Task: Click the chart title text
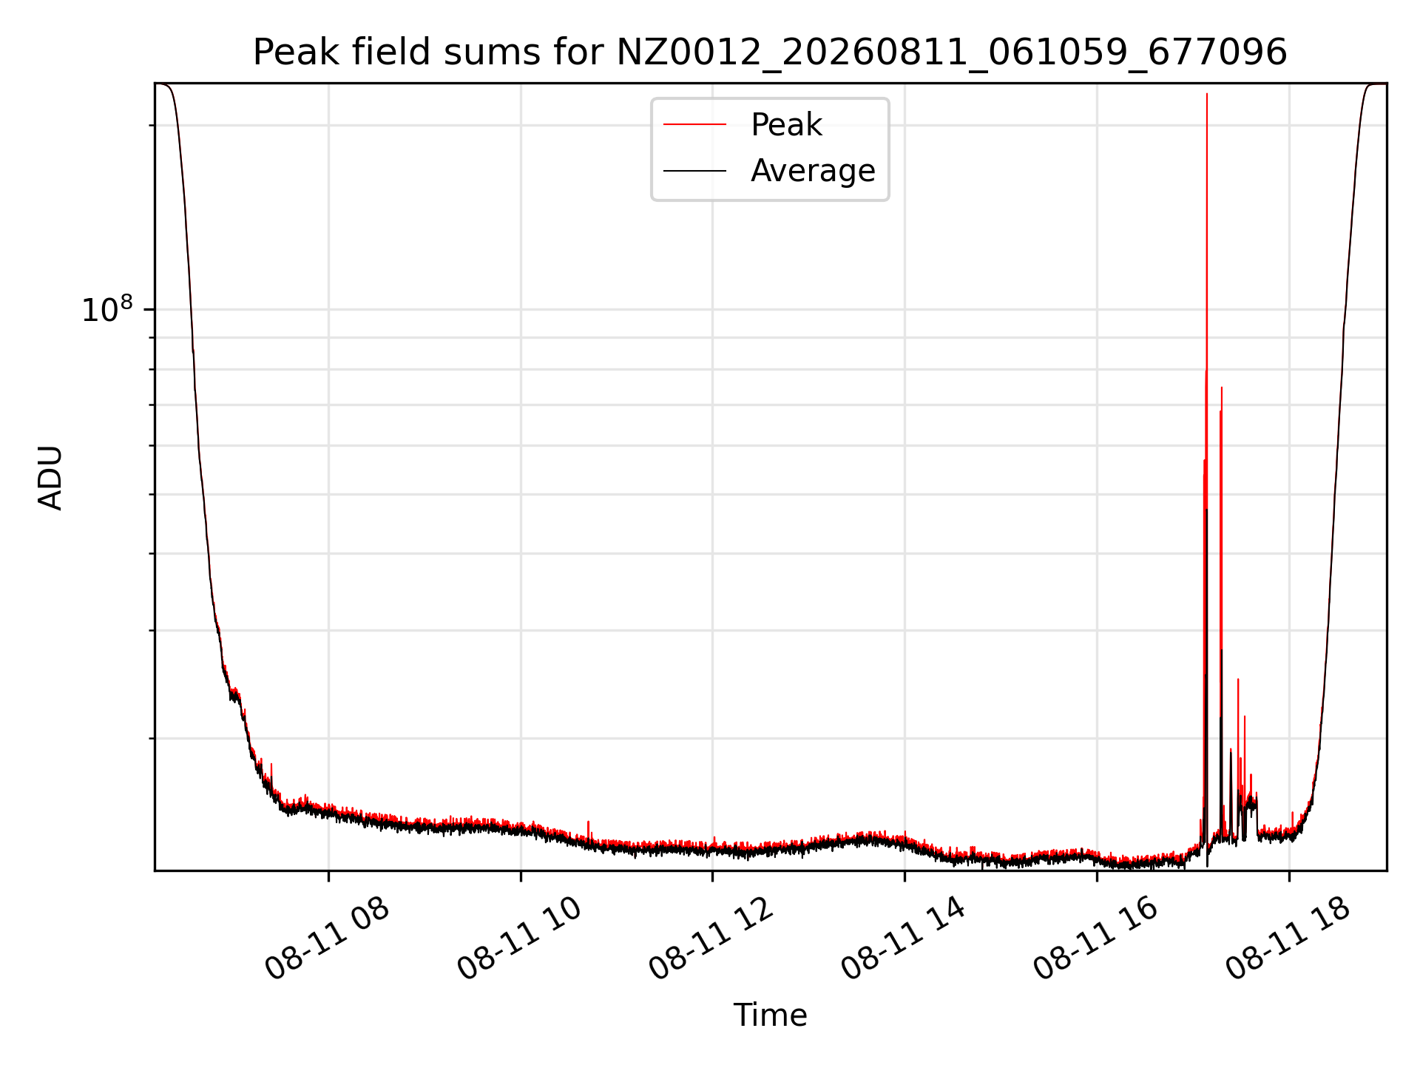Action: (x=770, y=53)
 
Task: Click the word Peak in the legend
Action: (x=786, y=125)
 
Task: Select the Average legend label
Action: (x=813, y=171)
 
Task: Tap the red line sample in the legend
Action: (x=694, y=125)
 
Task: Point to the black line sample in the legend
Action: (x=694, y=171)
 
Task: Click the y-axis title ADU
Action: (x=50, y=477)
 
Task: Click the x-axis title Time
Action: (x=770, y=1015)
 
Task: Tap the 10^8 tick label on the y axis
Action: (x=107, y=310)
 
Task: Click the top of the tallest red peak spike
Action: (x=1206, y=94)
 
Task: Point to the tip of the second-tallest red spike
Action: (x=1222, y=387)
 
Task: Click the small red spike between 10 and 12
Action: (x=588, y=822)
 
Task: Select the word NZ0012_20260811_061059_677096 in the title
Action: (x=952, y=53)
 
